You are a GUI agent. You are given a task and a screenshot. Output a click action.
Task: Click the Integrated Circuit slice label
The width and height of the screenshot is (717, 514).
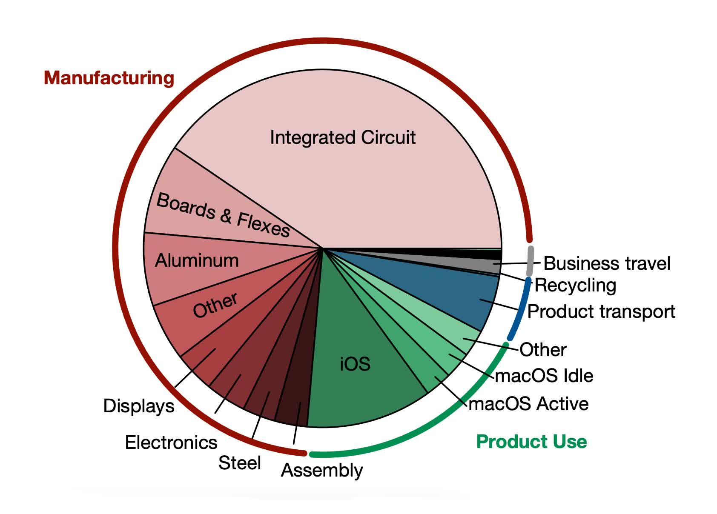tap(342, 137)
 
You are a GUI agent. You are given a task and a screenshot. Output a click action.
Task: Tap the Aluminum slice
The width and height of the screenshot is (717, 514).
tap(196, 260)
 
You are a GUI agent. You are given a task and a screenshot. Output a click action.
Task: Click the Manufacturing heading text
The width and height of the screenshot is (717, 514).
tap(109, 78)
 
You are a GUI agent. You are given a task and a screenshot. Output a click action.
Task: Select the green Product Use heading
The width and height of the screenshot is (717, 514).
tap(531, 441)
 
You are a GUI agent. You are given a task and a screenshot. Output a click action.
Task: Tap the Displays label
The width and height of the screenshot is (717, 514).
tap(139, 405)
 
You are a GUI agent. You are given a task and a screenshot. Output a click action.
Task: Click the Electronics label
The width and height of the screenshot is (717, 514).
tap(171, 443)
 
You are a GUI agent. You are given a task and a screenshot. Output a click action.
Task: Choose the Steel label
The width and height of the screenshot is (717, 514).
tap(239, 463)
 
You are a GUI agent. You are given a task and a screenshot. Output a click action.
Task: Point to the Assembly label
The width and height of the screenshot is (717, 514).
tap(322, 470)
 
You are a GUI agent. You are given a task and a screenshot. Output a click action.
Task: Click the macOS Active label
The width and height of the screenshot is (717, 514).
tap(528, 403)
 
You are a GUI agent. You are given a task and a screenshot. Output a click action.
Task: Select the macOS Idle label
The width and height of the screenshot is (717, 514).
tap(544, 376)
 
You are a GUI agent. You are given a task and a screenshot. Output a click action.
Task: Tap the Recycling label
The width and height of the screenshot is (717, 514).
tap(575, 285)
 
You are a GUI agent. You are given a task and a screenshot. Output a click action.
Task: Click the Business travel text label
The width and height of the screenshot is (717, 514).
tap(607, 263)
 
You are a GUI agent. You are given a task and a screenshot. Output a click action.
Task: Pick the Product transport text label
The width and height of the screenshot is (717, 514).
tap(601, 311)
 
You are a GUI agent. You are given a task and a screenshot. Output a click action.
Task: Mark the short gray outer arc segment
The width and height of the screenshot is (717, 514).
tap(530, 260)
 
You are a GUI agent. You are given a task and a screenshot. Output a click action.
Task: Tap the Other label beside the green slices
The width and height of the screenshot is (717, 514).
tap(543, 350)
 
